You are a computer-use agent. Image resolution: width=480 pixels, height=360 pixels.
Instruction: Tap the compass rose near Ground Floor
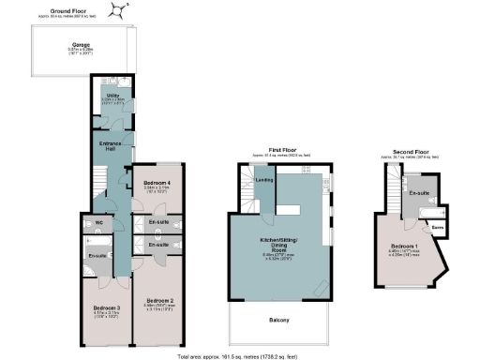tap(118, 9)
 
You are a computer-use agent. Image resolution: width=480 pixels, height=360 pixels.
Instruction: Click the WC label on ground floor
tap(98, 222)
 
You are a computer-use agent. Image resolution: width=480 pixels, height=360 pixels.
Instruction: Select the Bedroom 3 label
tap(105, 307)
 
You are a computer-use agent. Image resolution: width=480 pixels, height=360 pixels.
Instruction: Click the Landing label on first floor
tap(265, 181)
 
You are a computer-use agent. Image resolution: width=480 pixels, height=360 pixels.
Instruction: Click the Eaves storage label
tap(436, 227)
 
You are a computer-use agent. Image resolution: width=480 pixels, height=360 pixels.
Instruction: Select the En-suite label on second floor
tap(419, 192)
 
